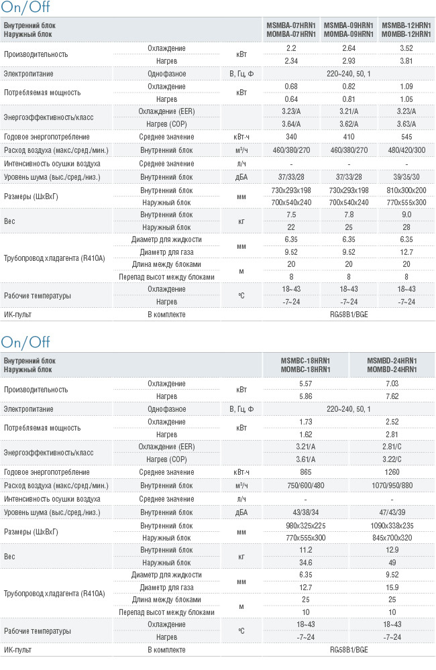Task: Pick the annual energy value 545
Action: (x=406, y=137)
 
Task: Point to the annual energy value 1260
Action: (x=392, y=472)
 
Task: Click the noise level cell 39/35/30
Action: (x=406, y=177)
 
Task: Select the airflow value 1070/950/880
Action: (x=392, y=486)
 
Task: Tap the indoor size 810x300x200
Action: (x=406, y=190)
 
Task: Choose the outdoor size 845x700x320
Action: (x=392, y=538)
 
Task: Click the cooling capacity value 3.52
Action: (x=406, y=48)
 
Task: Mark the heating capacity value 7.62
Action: (x=392, y=396)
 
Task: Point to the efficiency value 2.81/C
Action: (x=392, y=447)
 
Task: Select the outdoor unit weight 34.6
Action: (x=306, y=563)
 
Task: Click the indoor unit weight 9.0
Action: (x=406, y=215)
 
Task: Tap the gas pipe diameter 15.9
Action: (x=392, y=588)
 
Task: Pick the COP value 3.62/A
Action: (x=349, y=124)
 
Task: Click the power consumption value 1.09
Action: (x=406, y=87)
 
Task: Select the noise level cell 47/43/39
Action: (x=392, y=512)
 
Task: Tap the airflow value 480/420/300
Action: (x=406, y=150)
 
